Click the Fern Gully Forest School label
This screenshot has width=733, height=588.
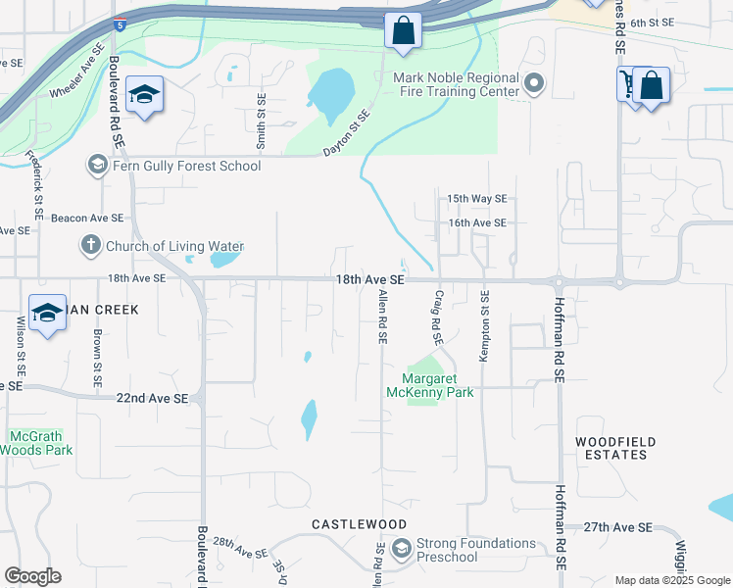187,166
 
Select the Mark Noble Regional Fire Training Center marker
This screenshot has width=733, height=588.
534,84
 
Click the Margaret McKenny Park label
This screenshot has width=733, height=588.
438,385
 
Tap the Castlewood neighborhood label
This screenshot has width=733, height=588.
345,525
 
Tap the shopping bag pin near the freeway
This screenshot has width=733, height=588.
402,31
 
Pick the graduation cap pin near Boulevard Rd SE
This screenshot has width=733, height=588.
144,94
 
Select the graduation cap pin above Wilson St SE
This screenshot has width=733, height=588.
47,313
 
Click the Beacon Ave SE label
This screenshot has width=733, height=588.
87,218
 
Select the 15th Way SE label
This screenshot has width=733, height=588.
476,198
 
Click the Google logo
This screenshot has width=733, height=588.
33,576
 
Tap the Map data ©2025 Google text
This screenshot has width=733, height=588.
672,580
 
